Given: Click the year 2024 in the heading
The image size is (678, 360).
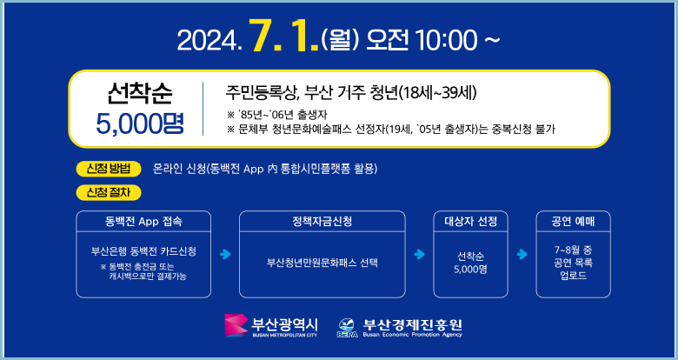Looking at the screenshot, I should (206, 40).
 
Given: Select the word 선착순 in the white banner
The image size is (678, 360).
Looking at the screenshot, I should (140, 91).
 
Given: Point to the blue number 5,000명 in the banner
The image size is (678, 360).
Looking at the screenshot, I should (140, 121).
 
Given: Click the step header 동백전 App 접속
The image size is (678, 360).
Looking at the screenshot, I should (143, 221).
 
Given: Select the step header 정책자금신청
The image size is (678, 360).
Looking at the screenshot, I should (322, 221).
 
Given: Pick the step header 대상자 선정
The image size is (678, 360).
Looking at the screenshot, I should (470, 221).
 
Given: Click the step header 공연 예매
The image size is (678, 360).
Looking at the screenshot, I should (573, 221).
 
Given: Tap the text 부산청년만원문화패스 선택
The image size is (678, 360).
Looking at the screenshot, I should (322, 261).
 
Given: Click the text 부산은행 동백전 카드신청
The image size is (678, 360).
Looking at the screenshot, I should (143, 250).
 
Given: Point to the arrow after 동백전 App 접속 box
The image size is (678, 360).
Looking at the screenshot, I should (225, 255).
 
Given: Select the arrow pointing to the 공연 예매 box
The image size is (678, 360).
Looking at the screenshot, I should (522, 255).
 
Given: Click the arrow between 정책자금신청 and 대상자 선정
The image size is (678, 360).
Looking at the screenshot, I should (419, 255).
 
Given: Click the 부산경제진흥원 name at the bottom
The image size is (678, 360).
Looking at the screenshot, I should (413, 323).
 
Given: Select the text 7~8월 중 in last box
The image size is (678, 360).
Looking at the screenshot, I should (573, 250).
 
